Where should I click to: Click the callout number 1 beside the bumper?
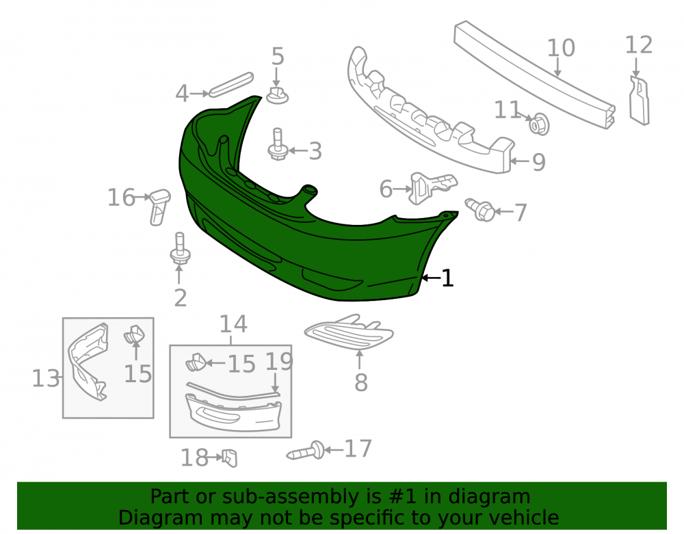click(447, 278)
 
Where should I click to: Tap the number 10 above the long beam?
click(561, 47)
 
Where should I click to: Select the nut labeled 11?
click(539, 124)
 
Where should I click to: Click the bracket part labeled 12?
click(639, 101)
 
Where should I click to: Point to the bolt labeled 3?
click(278, 145)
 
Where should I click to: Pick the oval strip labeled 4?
click(231, 84)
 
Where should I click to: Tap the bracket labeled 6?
click(432, 187)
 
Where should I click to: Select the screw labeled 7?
click(480, 210)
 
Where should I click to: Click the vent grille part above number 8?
click(349, 332)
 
